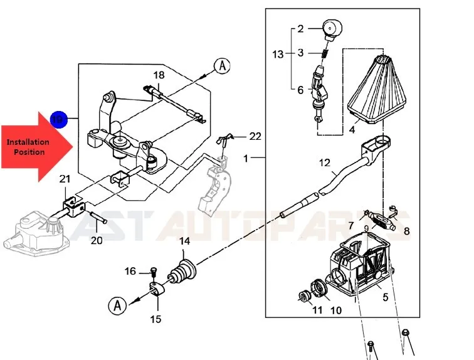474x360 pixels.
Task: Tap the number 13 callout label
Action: click(278, 55)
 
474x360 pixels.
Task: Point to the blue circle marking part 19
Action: click(58, 119)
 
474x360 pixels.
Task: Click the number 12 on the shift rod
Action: click(324, 163)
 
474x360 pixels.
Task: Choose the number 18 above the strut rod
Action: click(159, 75)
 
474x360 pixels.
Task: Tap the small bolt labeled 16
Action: click(153, 272)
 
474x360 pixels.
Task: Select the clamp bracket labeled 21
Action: click(74, 204)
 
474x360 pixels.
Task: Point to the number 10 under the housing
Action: click(336, 310)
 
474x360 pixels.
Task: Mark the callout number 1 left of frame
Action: click(246, 158)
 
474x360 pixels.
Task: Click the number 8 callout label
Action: click(406, 231)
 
